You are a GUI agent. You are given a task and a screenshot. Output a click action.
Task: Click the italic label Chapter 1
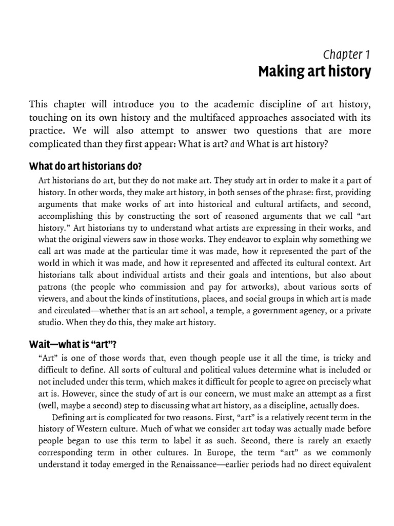346,54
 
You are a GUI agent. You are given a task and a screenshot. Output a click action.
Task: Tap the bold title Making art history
314,72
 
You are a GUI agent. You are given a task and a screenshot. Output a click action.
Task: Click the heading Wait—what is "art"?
73,343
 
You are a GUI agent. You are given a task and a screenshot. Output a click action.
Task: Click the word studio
51,323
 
